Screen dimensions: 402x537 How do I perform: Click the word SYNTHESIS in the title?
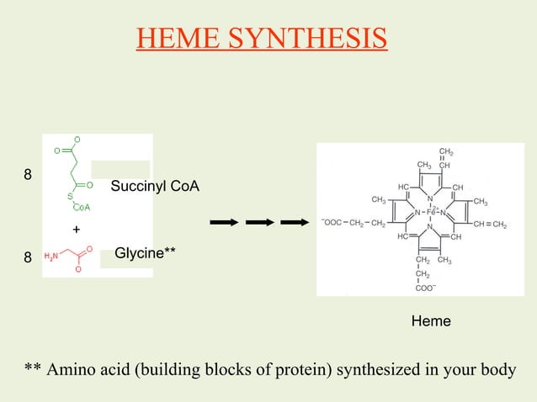coord(317,38)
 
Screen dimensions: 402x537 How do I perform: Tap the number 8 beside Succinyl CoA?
coord(28,176)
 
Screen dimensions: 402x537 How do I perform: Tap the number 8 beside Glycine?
coord(28,259)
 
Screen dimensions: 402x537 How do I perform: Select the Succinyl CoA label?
coord(155,185)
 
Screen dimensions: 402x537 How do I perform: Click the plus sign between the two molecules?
coord(76,230)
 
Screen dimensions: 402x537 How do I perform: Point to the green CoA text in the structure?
coord(82,206)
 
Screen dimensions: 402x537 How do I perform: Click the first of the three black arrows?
coord(223,223)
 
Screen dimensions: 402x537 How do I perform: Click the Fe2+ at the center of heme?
coord(430,212)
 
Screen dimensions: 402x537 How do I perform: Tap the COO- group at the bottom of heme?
coord(426,287)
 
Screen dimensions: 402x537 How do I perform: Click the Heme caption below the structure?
coord(430,321)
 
